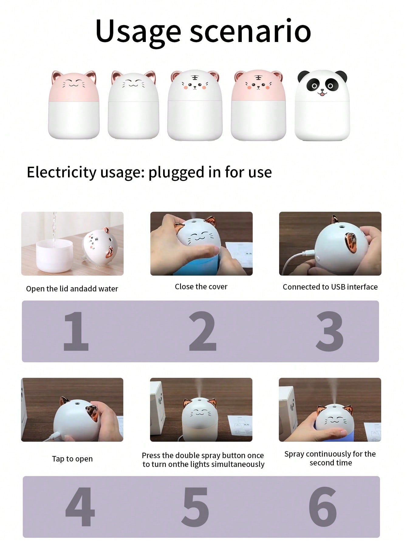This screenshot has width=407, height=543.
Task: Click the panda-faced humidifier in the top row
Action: [322, 105]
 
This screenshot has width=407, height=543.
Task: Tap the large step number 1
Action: [76, 331]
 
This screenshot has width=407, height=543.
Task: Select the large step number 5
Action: [195, 507]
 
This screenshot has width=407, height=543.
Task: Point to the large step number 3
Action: [330, 331]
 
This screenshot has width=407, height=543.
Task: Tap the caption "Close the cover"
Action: [201, 287]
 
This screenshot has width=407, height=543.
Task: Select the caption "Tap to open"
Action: [72, 459]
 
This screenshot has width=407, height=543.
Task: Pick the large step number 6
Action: [323, 507]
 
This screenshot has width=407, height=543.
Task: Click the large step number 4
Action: [80, 507]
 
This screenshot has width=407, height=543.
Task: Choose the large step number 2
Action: [203, 331]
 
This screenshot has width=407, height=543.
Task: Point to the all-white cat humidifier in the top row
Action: [133, 105]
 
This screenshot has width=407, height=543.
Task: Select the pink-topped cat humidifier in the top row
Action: [74, 105]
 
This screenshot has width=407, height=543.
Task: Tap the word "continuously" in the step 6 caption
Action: [328, 454]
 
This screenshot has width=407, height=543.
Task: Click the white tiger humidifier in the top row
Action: [195, 105]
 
